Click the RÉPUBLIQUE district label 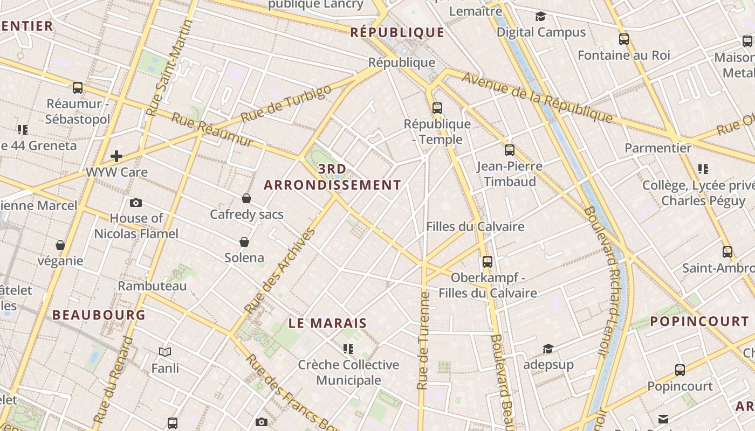397,32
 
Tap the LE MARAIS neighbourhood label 327,323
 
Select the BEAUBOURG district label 99,315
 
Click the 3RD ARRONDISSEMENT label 333,177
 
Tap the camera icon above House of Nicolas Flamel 136,203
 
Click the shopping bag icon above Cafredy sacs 246,198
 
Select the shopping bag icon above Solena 244,242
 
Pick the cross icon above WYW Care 116,156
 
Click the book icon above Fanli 165,352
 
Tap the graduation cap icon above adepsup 548,349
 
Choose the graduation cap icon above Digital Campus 540,17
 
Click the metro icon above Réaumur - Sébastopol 78,87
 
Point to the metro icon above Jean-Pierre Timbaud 510,150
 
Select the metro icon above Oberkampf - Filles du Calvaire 488,262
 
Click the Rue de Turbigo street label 286,103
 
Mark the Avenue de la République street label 538,98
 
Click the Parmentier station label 658,148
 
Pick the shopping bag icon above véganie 60,245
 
